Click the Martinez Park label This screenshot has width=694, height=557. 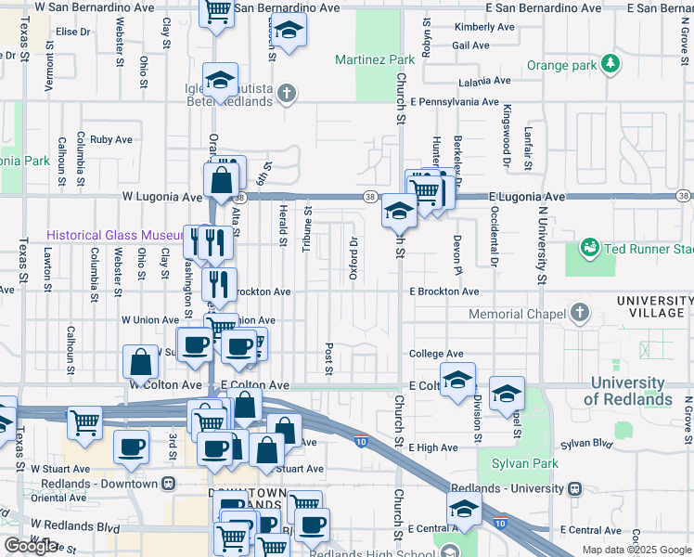click(375, 59)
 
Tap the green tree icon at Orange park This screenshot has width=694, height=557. click(610, 64)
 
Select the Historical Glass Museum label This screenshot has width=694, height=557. click(111, 236)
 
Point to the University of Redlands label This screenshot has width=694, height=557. click(627, 391)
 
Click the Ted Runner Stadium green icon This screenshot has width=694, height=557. click(588, 248)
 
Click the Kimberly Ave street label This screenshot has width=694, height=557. click(484, 27)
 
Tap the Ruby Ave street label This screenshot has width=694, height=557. click(111, 139)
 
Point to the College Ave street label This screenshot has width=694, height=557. click(436, 354)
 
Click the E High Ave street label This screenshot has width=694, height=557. click(433, 447)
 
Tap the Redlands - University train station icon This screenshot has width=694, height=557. click(575, 488)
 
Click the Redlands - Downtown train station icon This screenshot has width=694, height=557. click(168, 484)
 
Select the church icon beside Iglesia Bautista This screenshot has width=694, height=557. click(288, 92)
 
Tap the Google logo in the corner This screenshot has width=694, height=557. click(31, 546)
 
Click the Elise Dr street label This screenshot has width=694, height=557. click(72, 31)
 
